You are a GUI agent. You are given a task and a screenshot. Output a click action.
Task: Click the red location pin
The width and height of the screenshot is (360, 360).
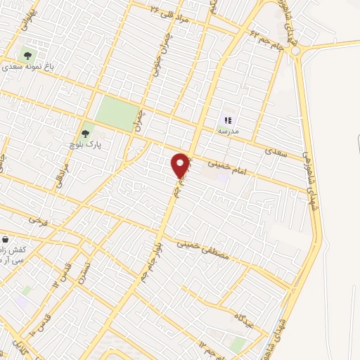point(181,165)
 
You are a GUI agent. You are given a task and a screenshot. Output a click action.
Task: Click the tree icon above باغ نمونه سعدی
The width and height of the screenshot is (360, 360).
point(27,55)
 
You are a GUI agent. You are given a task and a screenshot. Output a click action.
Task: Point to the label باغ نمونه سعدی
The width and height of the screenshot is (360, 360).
point(28,69)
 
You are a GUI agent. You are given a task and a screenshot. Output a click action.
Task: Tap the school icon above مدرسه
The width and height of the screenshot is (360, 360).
point(228,120)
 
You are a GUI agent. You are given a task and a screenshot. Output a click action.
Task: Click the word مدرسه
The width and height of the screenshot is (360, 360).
point(228,131)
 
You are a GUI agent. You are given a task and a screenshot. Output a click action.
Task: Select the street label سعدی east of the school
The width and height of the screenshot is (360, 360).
point(274,151)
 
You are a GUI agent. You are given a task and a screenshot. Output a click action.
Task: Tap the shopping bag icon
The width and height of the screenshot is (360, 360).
point(5,240)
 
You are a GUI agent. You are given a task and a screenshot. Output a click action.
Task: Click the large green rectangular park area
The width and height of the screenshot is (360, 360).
point(117,112)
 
